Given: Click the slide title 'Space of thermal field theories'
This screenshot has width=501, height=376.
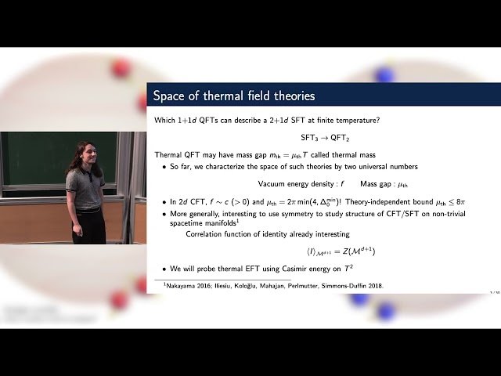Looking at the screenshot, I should click(x=234, y=96).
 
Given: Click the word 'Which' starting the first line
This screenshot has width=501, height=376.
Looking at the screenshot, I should click(x=165, y=119).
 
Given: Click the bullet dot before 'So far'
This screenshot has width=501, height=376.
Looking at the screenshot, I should click(x=163, y=167).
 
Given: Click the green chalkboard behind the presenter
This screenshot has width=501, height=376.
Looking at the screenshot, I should click(x=35, y=157).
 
